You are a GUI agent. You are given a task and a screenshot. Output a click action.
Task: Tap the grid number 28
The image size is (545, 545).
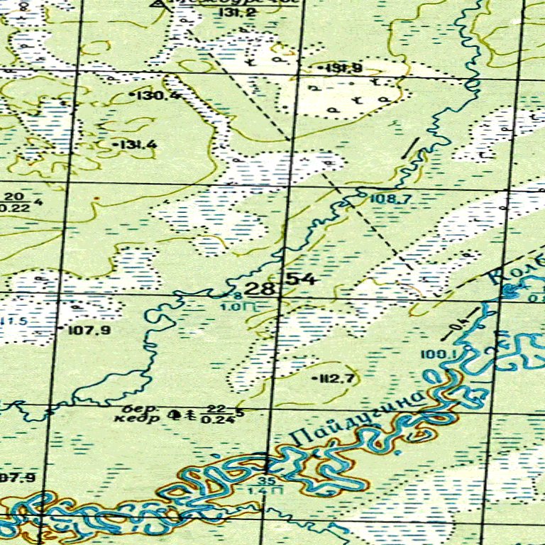pyautogui.click(x=260, y=288)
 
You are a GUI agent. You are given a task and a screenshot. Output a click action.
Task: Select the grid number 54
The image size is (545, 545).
pyautogui.click(x=301, y=279)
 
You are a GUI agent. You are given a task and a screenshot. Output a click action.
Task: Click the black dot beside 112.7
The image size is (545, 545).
pyautogui.click(x=314, y=379)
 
